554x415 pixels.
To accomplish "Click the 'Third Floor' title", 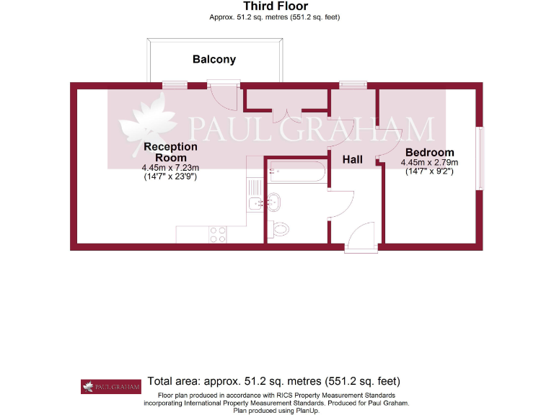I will click(x=276, y=6).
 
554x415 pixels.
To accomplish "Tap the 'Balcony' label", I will click(x=214, y=59).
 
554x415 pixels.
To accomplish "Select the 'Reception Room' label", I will click(x=170, y=152).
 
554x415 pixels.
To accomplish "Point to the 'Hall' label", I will click(x=352, y=159).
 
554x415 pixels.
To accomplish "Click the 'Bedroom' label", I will click(x=429, y=153).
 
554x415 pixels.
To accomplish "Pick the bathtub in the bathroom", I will click(x=296, y=171).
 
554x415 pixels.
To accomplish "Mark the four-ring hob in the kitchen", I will click(x=217, y=234).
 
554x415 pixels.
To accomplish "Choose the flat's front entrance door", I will click(x=361, y=238).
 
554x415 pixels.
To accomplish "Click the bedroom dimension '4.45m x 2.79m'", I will click(x=429, y=163).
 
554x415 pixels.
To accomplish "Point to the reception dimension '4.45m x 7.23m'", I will click(x=170, y=167).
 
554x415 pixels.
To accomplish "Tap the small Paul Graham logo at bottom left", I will click(x=110, y=386).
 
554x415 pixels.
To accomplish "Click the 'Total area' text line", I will click(x=273, y=381).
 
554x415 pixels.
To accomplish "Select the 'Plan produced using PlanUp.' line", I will click(x=276, y=410).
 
